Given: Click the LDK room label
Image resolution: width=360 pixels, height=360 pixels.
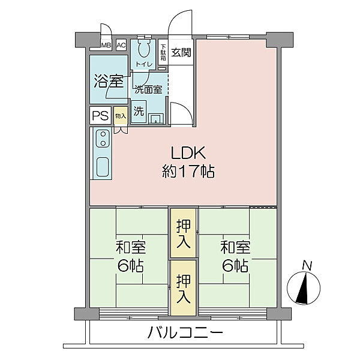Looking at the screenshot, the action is point(188,153).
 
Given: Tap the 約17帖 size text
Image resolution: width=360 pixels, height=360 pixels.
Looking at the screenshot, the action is point(188,171).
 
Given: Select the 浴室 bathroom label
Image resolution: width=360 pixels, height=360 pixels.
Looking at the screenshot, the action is point(109,82).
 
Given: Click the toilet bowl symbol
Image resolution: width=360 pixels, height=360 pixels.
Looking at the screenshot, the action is point(144,49).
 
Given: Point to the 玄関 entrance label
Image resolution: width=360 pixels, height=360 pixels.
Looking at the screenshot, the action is point(181,52).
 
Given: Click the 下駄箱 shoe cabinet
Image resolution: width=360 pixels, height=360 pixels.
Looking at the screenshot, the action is point(163,52).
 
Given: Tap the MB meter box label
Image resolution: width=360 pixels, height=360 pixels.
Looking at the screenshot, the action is point(106,45).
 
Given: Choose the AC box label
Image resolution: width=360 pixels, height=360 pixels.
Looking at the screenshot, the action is point(121,45).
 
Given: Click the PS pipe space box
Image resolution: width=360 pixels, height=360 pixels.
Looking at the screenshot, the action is point(100,115).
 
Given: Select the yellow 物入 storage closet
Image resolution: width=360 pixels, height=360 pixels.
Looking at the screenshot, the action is point(121,116).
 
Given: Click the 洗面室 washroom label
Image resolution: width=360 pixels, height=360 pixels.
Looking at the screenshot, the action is point(148,89).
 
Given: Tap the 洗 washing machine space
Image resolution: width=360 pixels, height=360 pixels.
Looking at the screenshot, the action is point(139,112).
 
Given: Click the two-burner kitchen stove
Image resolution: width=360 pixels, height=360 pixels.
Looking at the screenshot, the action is point(103,139).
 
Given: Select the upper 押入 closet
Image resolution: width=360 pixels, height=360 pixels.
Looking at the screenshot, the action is point(183,233).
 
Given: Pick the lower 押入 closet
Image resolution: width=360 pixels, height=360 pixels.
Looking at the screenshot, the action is point(183,288).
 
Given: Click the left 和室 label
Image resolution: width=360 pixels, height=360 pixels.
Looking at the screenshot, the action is point(131,247).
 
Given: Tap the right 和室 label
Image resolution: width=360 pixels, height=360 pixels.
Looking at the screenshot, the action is point(235,247).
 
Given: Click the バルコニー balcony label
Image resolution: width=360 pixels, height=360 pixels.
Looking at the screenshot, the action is point(185,332).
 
